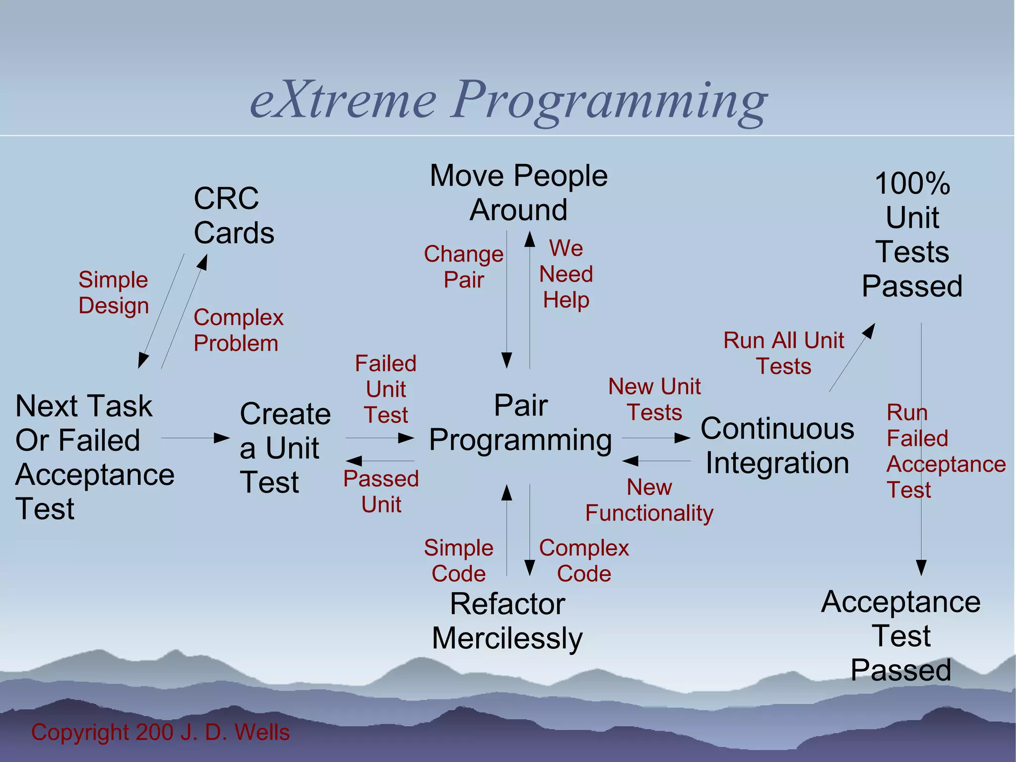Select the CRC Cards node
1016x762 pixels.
tap(233, 215)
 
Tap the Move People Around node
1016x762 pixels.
tap(518, 193)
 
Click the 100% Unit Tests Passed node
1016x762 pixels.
tap(912, 234)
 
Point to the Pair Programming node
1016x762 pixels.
tap(520, 422)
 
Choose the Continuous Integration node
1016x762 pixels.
tap(777, 445)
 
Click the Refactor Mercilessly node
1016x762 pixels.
tap(507, 621)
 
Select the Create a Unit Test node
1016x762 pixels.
tap(285, 447)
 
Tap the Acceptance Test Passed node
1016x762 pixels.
tap(900, 635)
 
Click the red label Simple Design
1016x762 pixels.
tap(113, 292)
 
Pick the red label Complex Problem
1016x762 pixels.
tap(238, 330)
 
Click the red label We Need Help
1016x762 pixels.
tap(566, 274)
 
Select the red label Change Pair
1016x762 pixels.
tap(463, 267)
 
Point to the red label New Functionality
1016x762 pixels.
tap(649, 500)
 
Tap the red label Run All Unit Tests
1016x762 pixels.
tap(783, 353)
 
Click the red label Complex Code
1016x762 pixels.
tap(584, 560)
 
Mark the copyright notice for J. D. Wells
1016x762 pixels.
tap(160, 732)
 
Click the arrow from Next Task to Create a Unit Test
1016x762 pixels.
tap(195, 438)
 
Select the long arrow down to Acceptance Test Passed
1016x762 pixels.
tap(921, 447)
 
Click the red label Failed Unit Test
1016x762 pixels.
tap(385, 389)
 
